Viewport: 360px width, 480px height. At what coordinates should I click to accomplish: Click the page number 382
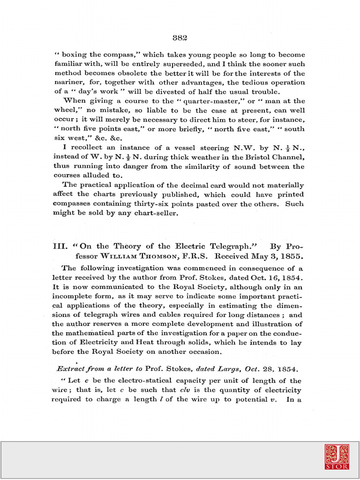click(180, 38)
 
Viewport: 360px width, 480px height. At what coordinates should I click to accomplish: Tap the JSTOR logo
click(337, 457)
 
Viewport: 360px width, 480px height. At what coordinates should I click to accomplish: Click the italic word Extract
click(71, 368)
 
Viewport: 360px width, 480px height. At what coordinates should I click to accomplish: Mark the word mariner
click(68, 82)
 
